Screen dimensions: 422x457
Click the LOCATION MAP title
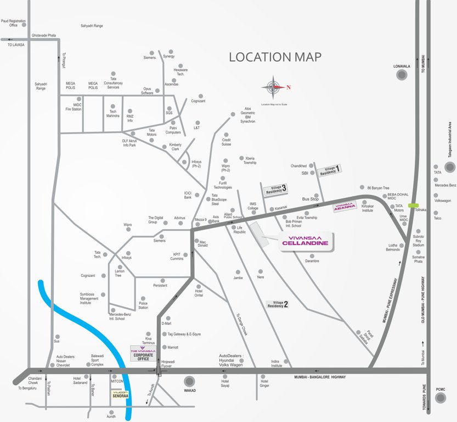click(275, 57)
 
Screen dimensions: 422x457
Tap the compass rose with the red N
click(273, 87)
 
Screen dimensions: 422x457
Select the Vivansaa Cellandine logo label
click(306, 241)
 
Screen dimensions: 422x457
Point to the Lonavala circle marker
click(402, 75)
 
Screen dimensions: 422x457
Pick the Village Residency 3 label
click(276, 190)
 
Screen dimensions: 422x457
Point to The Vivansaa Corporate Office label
click(143, 354)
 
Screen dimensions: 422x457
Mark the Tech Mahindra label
click(113, 113)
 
